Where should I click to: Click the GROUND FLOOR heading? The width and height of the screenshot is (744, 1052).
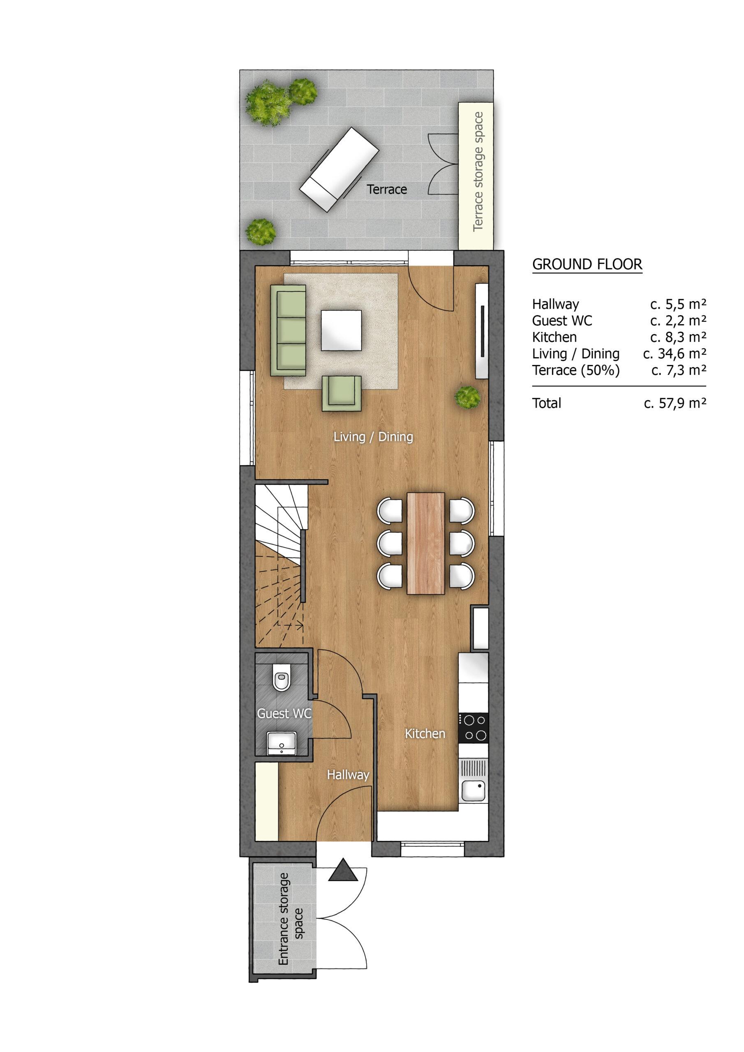[x=587, y=264]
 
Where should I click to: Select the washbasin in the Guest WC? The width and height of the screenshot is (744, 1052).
[x=282, y=743]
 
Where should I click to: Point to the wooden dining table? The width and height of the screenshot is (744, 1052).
[x=426, y=543]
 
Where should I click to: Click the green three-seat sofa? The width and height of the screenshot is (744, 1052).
[x=288, y=330]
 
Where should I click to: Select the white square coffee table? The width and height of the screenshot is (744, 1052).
[x=341, y=330]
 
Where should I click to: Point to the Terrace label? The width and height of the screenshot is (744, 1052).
[x=387, y=189]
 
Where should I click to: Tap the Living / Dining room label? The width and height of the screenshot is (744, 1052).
[x=373, y=437]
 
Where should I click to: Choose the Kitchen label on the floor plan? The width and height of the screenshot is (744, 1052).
[x=425, y=734]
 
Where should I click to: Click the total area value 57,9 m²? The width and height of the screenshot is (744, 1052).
[x=675, y=403]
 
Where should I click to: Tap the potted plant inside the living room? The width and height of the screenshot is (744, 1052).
[x=468, y=396]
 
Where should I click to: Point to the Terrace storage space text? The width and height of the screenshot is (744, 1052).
[x=478, y=171]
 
